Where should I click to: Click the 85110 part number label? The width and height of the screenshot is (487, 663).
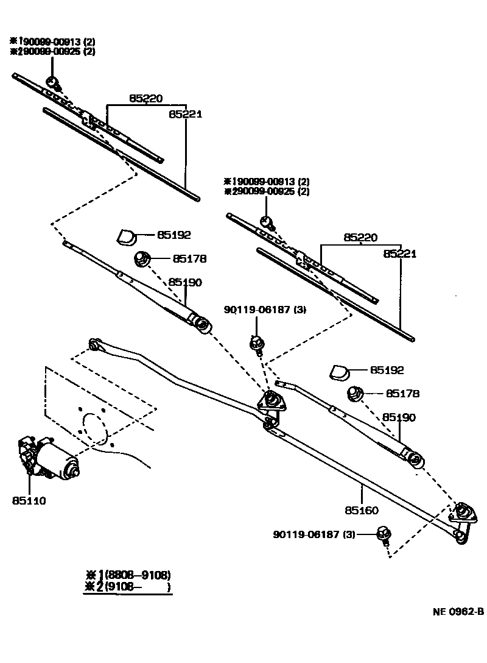[29, 500]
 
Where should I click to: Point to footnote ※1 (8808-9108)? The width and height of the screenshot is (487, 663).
[128, 575]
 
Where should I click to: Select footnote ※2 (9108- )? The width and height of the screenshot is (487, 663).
[128, 587]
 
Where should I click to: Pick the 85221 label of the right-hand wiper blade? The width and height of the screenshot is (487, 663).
[399, 253]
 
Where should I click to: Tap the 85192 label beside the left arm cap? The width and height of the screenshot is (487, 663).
[174, 235]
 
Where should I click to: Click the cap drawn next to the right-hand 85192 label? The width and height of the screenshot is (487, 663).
[338, 371]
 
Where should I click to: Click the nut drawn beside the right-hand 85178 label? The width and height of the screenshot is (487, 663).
[354, 394]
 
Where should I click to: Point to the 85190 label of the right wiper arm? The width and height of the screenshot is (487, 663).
[399, 417]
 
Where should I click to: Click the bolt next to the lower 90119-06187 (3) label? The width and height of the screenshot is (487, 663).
[384, 534]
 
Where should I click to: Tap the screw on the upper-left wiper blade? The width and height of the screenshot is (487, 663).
[53, 82]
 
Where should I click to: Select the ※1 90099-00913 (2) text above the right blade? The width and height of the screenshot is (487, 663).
[267, 181]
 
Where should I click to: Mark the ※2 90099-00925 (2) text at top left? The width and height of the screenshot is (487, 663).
[52, 52]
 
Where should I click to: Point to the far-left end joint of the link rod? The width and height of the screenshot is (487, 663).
[94, 345]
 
